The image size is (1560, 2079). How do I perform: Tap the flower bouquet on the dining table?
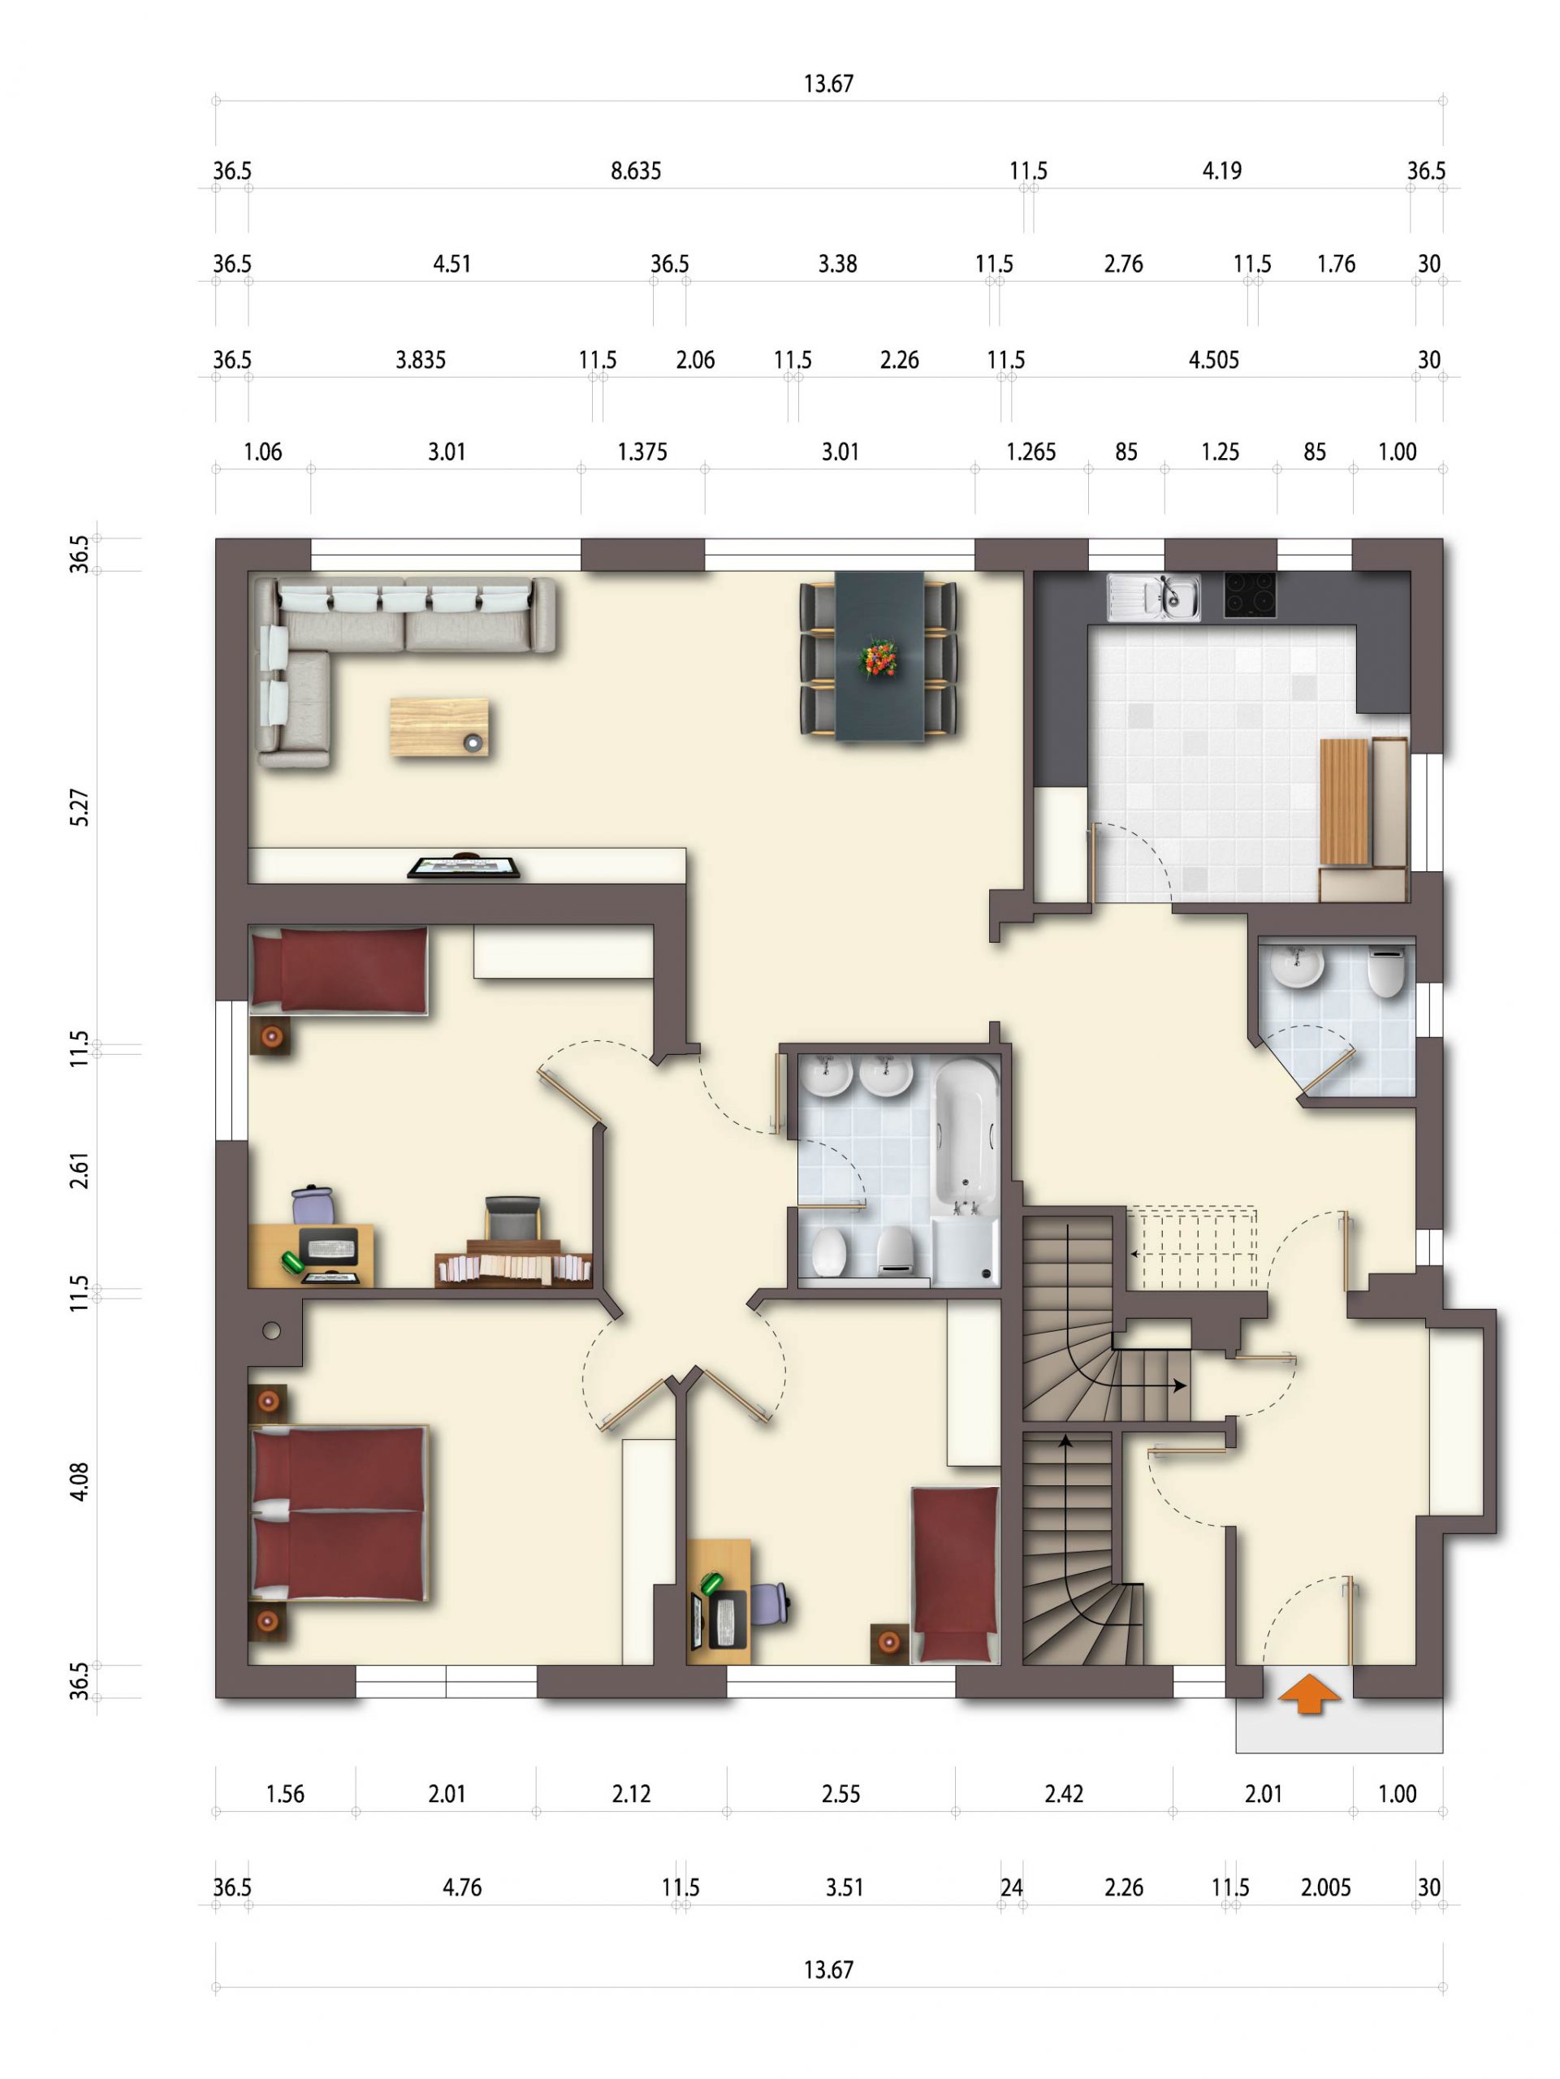tap(879, 657)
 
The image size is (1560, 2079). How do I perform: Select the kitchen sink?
tap(1153, 597)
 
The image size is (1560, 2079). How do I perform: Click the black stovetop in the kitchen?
tap(1250, 595)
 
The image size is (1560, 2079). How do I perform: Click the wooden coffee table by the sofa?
tap(439, 727)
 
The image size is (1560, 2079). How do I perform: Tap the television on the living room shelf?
tap(464, 866)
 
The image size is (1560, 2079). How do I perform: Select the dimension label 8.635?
tap(636, 171)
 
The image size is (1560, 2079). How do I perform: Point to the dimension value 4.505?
tap(1213, 360)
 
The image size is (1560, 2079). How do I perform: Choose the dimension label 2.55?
tap(840, 1794)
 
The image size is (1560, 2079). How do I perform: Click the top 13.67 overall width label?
tap(828, 84)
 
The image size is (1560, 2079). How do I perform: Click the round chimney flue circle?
tap(271, 1331)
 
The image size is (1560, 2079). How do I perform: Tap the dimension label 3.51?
tap(844, 1887)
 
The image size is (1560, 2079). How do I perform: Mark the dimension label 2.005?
tap(1325, 1887)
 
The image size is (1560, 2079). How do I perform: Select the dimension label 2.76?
tap(1123, 264)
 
